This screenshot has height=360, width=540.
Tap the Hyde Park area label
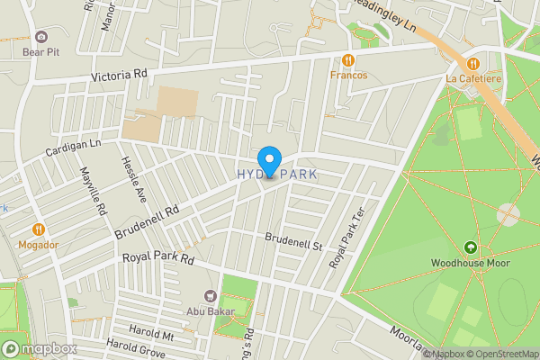tap(277, 175)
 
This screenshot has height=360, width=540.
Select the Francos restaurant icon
tap(348, 60)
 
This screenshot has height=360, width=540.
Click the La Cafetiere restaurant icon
tap(472, 62)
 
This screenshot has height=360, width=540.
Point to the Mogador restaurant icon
tap(39, 229)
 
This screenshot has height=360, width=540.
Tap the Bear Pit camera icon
tap(41, 37)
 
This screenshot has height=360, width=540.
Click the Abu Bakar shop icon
tap(211, 295)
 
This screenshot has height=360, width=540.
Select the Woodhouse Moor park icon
tap(470, 247)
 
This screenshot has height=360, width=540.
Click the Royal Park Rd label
tap(158, 259)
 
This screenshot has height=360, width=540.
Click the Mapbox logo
tap(38, 348)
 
